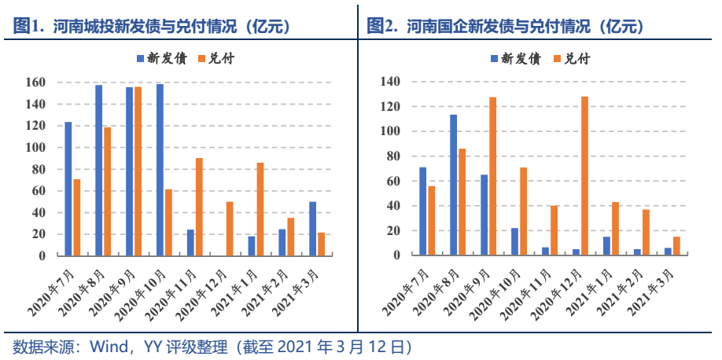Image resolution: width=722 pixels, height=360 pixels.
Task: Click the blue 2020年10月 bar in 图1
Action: pos(160,169)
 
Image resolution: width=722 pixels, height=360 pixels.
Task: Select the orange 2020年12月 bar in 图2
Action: pos(584,176)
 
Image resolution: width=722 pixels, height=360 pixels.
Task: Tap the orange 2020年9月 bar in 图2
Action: pos(492,176)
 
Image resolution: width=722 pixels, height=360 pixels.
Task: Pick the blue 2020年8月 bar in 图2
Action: pos(453,185)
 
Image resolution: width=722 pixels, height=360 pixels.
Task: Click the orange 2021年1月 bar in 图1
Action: pos(260,209)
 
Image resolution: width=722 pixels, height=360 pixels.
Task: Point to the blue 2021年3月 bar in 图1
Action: pos(312,229)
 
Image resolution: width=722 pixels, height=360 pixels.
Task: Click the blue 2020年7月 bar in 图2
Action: pos(422,211)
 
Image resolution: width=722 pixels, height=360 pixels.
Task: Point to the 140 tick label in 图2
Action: pos(390,81)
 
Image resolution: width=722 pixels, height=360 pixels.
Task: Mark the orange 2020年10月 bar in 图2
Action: pos(523,211)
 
